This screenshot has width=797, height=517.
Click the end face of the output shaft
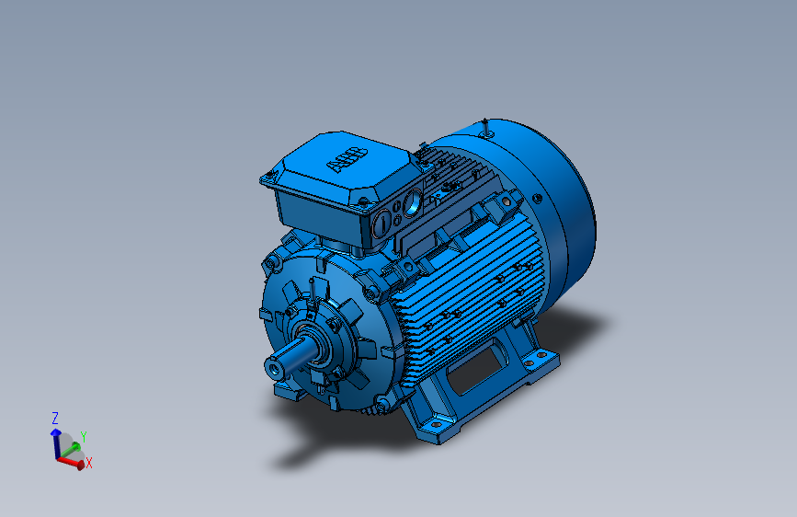pyautogui.click(x=273, y=367)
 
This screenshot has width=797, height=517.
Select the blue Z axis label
pyautogui.click(x=55, y=417)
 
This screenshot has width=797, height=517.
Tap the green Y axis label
pyautogui.click(x=83, y=435)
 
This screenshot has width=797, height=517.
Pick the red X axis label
pyautogui.click(x=88, y=464)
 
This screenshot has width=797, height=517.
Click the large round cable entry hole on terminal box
pyautogui.click(x=412, y=200)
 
